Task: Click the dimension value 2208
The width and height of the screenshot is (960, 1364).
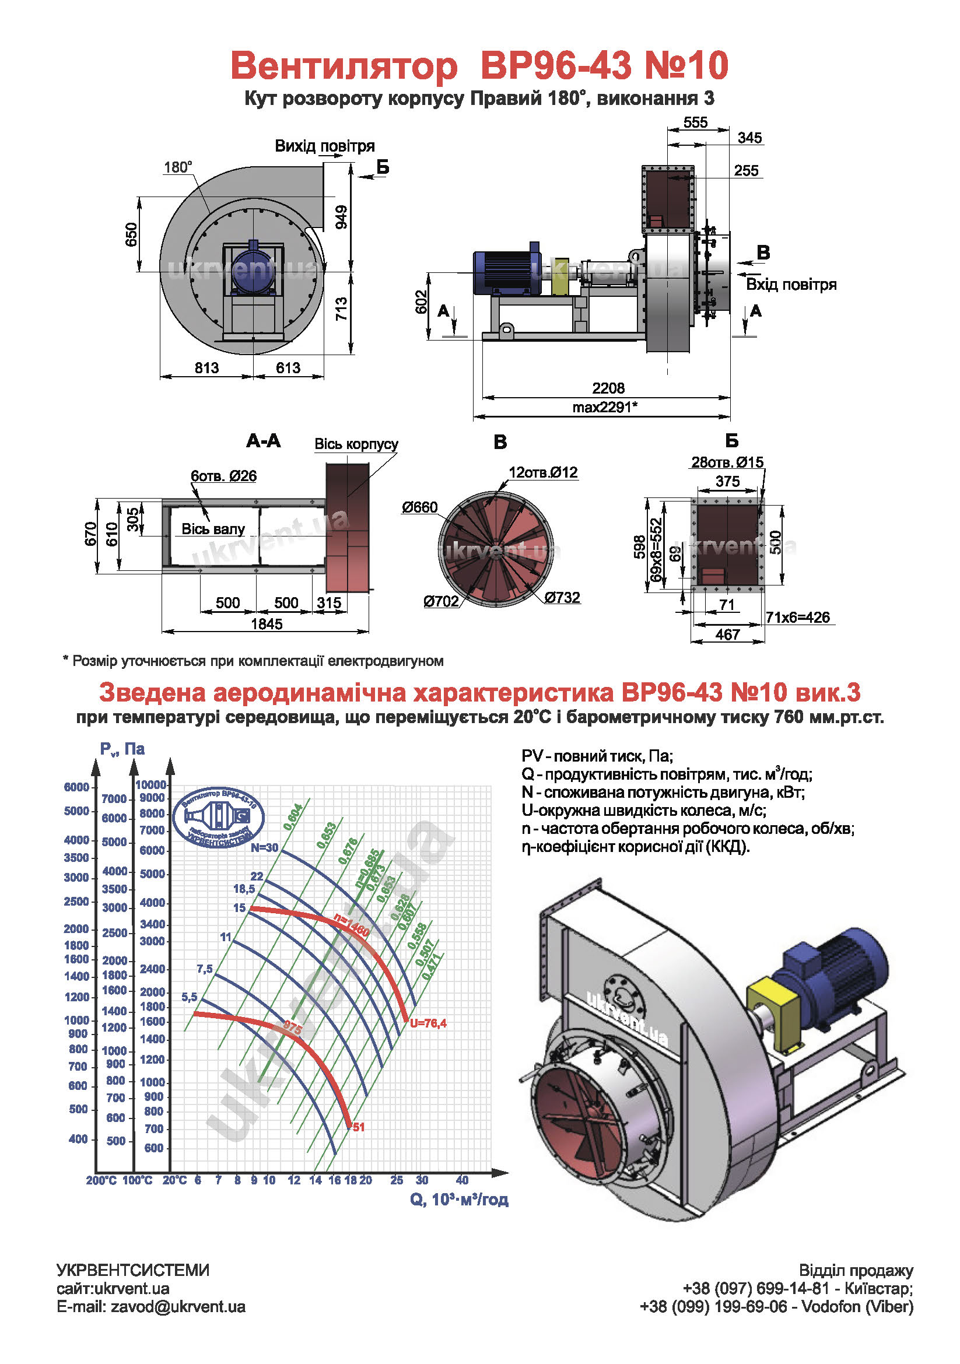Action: [x=608, y=388]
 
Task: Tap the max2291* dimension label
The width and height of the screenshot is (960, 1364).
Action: [x=605, y=407]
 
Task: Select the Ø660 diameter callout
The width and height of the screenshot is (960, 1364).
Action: [x=419, y=507]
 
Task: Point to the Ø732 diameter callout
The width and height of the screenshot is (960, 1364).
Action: [x=562, y=597]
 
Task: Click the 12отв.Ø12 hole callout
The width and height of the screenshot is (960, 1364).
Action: [x=543, y=472]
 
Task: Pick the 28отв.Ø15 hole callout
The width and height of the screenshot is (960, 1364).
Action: [x=727, y=462]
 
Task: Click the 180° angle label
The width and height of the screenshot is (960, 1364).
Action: [x=178, y=167]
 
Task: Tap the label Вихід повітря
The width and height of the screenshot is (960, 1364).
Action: [x=324, y=146]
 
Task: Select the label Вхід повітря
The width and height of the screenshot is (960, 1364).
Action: [x=791, y=285]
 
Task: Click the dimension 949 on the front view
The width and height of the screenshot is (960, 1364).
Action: [x=341, y=217]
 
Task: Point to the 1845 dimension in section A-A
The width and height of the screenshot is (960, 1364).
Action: [x=267, y=624]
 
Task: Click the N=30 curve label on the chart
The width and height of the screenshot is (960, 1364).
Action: [x=264, y=848]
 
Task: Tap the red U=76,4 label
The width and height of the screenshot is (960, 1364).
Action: [x=428, y=1023]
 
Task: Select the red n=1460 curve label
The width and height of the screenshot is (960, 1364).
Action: [x=351, y=925]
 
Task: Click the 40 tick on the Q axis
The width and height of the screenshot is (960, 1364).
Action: [x=462, y=1180]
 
